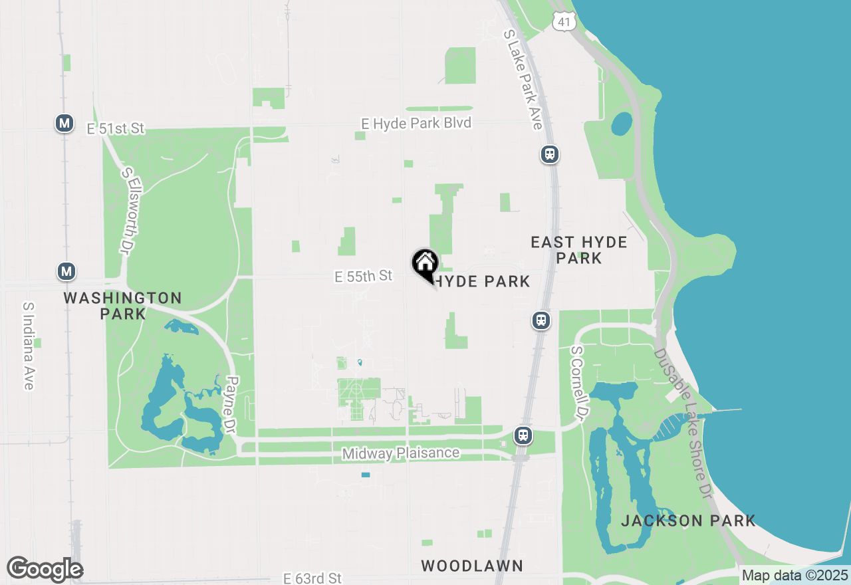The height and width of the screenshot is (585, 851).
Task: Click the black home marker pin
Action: click(425, 264)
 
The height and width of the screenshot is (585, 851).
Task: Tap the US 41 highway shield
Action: click(563, 21)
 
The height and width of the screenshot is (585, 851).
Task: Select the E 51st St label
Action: click(116, 128)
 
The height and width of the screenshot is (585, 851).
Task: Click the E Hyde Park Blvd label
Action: click(416, 123)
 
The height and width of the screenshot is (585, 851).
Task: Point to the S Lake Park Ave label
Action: click(523, 79)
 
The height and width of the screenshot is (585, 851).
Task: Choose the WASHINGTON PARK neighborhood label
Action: click(123, 306)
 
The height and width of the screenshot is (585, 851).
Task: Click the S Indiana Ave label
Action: click(28, 346)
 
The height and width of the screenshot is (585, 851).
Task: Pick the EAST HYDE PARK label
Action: click(579, 250)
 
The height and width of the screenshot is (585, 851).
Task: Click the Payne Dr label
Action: click(231, 406)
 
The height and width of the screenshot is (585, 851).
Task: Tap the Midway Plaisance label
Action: click(400, 453)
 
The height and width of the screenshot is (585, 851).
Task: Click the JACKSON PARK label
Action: click(688, 521)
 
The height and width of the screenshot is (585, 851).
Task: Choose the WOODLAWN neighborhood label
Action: click(472, 566)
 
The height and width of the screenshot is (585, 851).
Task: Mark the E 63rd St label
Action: click(312, 578)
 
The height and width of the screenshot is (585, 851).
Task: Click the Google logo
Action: click(45, 570)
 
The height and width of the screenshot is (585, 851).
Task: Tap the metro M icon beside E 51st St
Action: click(64, 123)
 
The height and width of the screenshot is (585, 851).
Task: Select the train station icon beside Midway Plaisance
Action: click(523, 436)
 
